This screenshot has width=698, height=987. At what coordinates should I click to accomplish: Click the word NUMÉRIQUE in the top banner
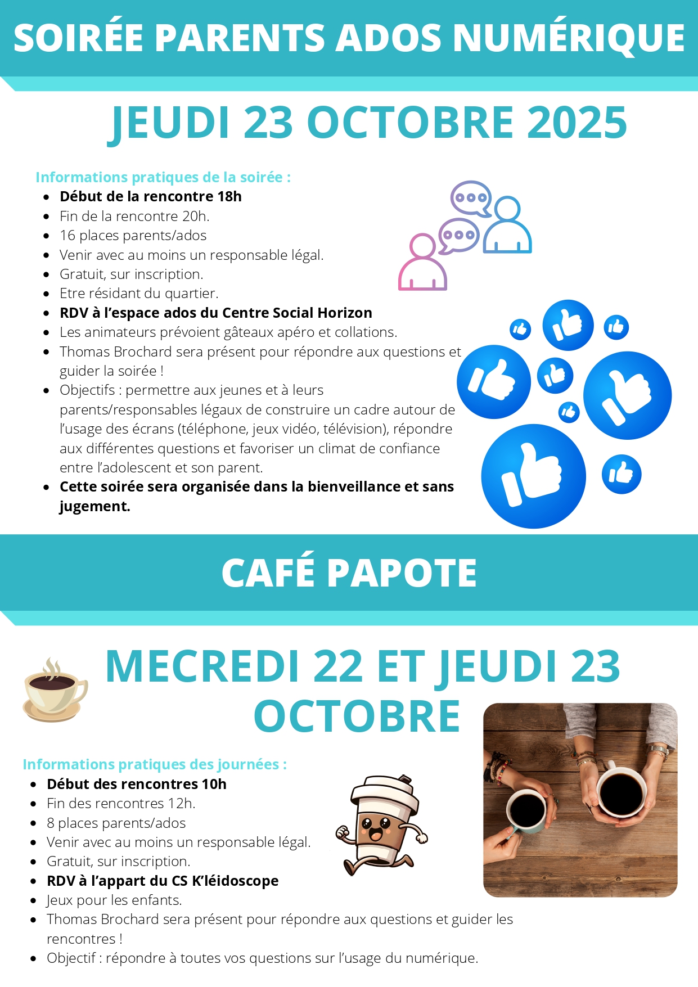(569, 38)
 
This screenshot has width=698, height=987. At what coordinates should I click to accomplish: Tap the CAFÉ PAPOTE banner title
(349, 573)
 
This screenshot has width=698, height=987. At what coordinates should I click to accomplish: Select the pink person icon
(422, 263)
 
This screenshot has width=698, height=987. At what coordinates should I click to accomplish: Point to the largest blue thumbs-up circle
(533, 476)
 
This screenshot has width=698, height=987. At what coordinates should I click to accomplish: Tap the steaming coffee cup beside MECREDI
(54, 691)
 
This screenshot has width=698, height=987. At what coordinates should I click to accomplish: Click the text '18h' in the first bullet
(229, 197)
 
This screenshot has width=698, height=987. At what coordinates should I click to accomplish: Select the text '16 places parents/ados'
(133, 236)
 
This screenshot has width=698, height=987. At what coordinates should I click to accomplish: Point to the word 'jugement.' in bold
(94, 506)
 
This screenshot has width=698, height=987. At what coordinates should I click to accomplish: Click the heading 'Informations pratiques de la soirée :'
(163, 177)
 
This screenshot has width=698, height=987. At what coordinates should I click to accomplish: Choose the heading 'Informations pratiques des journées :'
(155, 764)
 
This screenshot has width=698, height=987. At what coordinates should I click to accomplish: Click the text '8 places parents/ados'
(116, 823)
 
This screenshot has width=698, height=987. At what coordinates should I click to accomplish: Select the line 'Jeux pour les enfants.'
(114, 900)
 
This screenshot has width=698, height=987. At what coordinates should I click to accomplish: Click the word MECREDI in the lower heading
(202, 667)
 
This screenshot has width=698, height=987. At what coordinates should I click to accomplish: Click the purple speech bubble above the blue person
(471, 198)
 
